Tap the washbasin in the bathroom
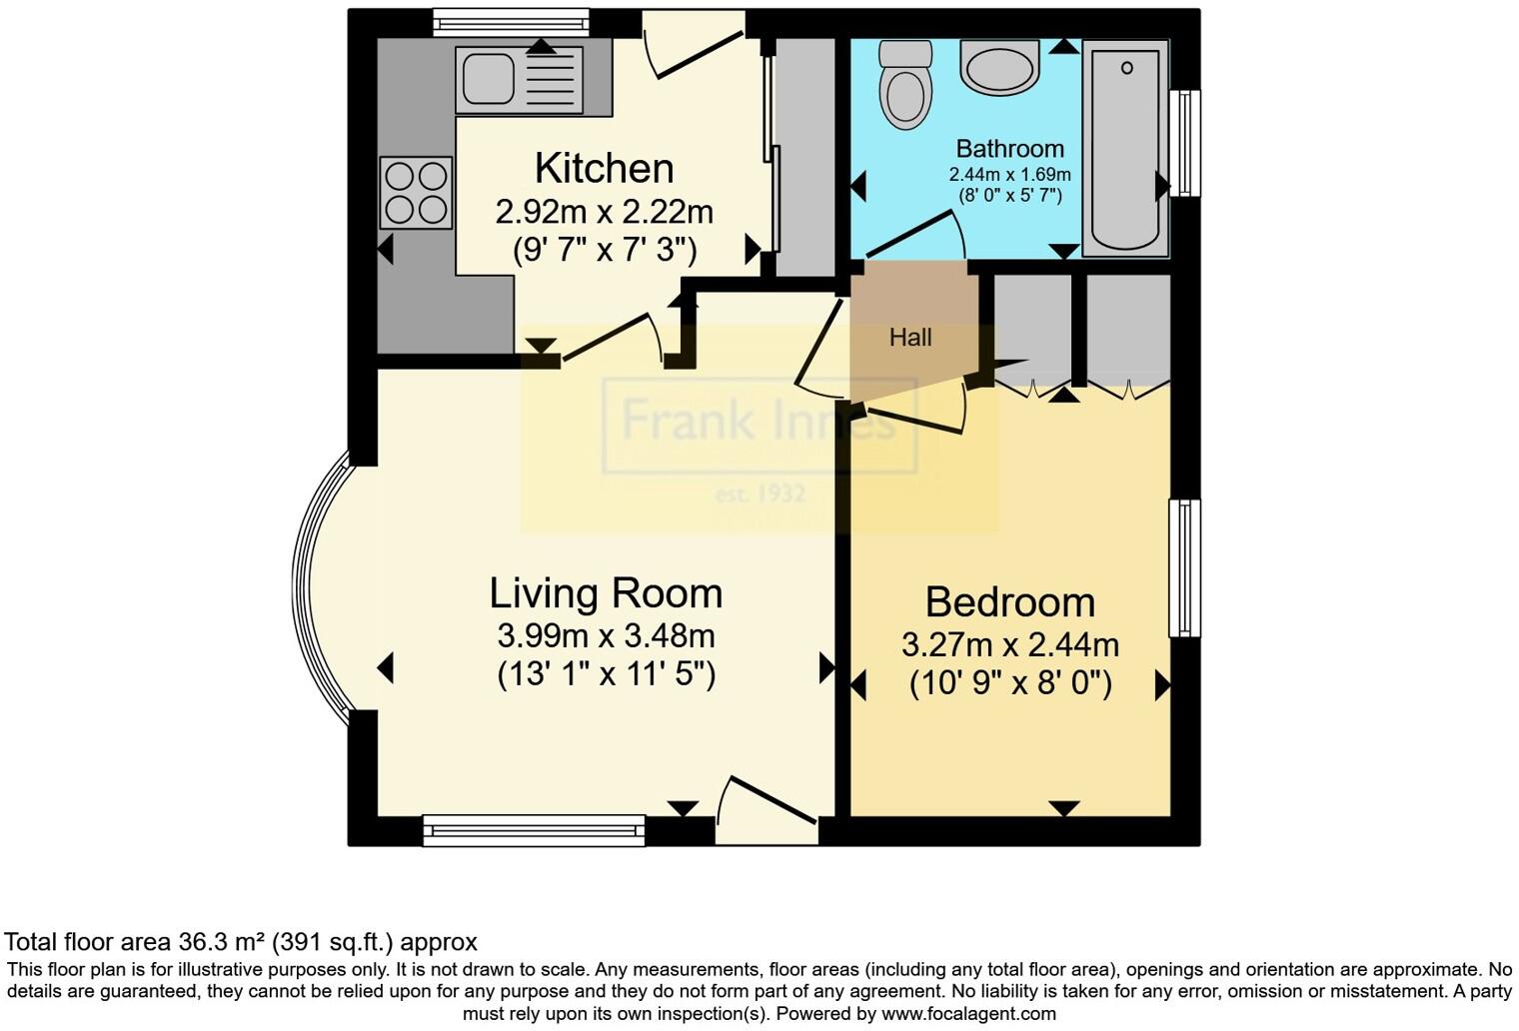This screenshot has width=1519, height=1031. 999,68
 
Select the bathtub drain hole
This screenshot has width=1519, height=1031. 1127,68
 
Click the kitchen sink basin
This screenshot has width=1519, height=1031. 489,79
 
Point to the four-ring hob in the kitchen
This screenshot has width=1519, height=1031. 416,193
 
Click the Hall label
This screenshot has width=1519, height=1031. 910,337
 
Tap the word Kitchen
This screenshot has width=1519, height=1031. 605,168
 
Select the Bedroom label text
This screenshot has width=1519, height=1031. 1010,602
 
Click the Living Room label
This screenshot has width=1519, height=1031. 607,593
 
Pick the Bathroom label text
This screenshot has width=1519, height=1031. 1009,148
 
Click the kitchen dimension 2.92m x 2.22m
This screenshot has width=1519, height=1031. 605,212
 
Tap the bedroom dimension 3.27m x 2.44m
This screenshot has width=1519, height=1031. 1010,644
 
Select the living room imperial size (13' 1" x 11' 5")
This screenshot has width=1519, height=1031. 607,675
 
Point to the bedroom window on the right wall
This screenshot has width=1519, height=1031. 1184,568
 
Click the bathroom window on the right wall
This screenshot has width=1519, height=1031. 1184,143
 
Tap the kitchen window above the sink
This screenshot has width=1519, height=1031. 512,22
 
